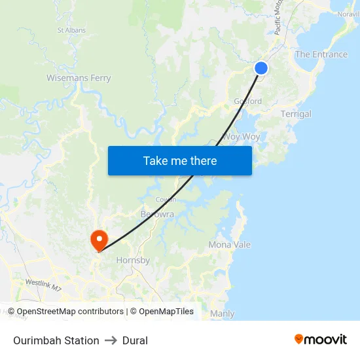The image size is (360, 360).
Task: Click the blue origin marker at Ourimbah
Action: pos(261,67)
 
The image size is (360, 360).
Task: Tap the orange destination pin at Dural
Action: pos(99,239)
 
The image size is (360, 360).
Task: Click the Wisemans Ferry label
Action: pos(79,78)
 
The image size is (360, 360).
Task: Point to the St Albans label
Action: pos(71,30)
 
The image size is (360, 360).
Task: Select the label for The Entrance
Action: pos(321,54)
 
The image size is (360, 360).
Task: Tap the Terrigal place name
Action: pos(296,114)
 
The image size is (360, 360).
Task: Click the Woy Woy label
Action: pos(241,137)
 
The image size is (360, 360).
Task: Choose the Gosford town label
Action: pos(248,101)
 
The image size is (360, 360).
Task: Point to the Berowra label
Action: pos(157,214)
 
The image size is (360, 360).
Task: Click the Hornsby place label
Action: pos(133,260)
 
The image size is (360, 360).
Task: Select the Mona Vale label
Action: pos(229,245)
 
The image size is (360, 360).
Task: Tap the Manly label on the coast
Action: pos(223,314)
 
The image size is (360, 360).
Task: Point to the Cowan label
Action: pos(166,200)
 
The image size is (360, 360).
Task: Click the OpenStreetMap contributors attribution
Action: pos(70,312)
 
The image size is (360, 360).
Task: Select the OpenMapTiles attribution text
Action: pos(166,312)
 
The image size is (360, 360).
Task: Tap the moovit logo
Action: pos(320,340)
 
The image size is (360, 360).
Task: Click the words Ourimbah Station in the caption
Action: pos(56,340)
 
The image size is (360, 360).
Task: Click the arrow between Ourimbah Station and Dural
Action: pos(111,340)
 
